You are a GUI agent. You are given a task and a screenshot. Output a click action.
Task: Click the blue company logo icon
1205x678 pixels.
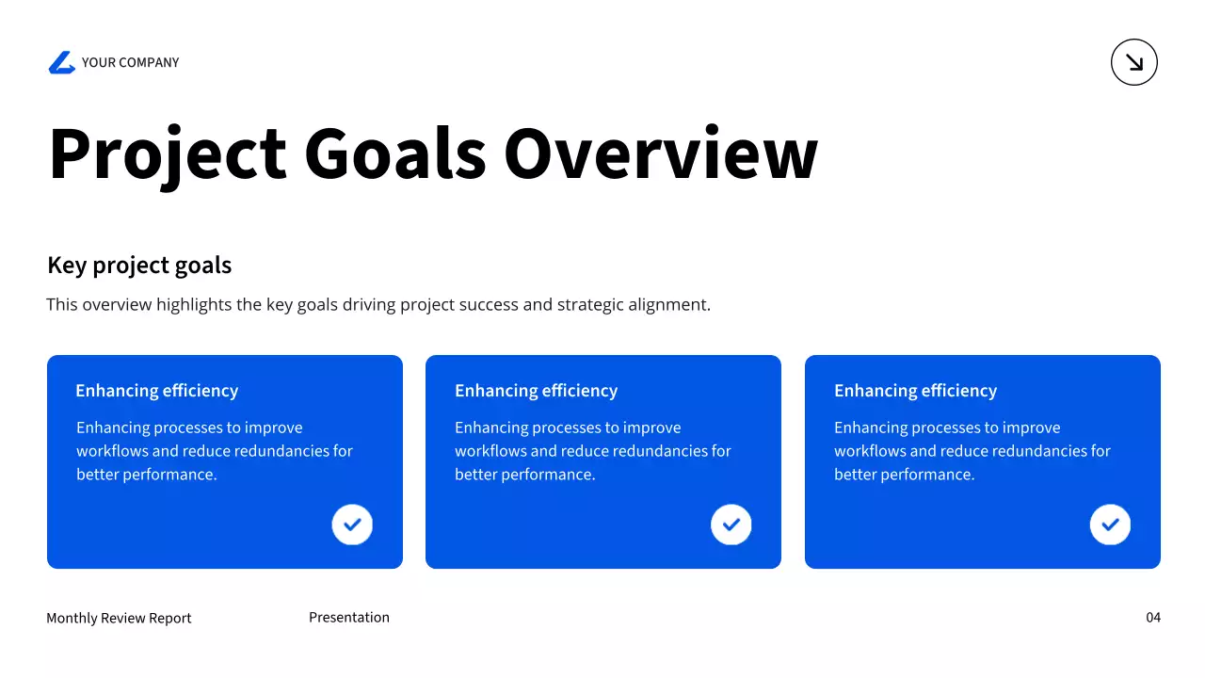pyautogui.click(x=62, y=62)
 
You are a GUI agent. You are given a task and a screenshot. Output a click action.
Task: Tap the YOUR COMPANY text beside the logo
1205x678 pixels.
pyautogui.click(x=130, y=62)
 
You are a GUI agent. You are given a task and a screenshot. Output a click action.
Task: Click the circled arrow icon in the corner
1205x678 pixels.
pyautogui.click(x=1134, y=62)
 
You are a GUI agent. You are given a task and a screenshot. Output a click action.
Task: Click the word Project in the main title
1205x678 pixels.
pyautogui.click(x=168, y=153)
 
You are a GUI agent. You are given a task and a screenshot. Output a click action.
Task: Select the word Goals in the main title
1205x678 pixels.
pyautogui.click(x=395, y=153)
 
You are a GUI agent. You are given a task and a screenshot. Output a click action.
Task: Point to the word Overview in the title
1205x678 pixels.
pyautogui.click(x=661, y=153)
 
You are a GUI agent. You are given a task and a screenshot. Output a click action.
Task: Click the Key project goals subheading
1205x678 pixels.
pyautogui.click(x=139, y=266)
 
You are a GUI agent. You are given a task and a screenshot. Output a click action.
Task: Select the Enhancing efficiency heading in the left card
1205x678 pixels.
pyautogui.click(x=156, y=390)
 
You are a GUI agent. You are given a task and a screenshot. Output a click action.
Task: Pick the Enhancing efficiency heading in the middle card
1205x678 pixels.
pyautogui.click(x=536, y=390)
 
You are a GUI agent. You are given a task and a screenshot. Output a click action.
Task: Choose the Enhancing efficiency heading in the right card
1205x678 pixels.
pyautogui.click(x=915, y=390)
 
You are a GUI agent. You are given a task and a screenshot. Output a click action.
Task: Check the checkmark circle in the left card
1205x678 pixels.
pyautogui.click(x=352, y=525)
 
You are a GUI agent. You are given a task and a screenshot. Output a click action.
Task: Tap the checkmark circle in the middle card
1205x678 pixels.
pyautogui.click(x=731, y=525)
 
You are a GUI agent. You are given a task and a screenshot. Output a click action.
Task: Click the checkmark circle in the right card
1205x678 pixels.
pyautogui.click(x=1110, y=525)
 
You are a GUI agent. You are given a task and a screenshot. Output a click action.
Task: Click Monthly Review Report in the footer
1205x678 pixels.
pyautogui.click(x=119, y=618)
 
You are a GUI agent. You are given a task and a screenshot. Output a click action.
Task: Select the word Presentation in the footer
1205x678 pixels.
pyautogui.click(x=349, y=617)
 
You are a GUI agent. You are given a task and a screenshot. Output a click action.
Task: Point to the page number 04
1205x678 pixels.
pyautogui.click(x=1153, y=617)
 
